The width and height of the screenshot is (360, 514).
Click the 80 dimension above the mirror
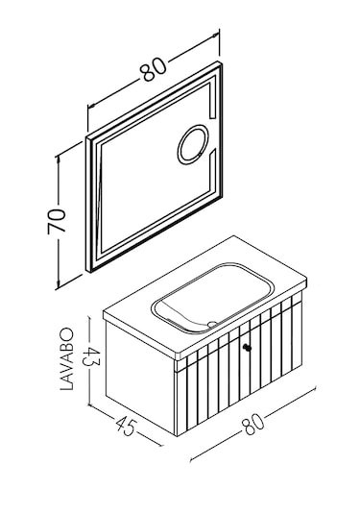coord(154,69)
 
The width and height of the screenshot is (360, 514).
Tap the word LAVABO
coord(67,359)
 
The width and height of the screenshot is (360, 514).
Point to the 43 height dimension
coord(89,357)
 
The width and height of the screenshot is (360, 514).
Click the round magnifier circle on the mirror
coord(193,144)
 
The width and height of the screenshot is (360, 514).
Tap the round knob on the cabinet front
coord(248,347)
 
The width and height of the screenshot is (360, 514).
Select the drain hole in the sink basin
coord(213,323)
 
